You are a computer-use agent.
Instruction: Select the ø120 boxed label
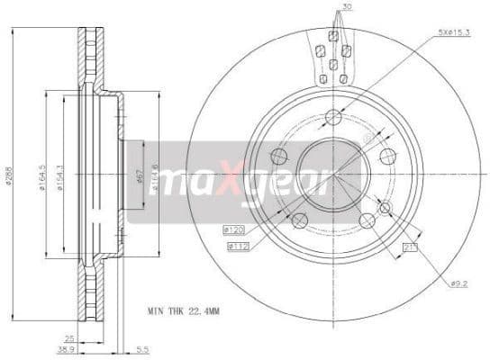click(x=236, y=230)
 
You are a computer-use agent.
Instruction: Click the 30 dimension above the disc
click(x=349, y=8)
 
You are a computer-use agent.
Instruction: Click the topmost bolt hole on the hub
click(x=333, y=115)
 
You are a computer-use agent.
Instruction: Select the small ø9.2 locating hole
click(x=385, y=209)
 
